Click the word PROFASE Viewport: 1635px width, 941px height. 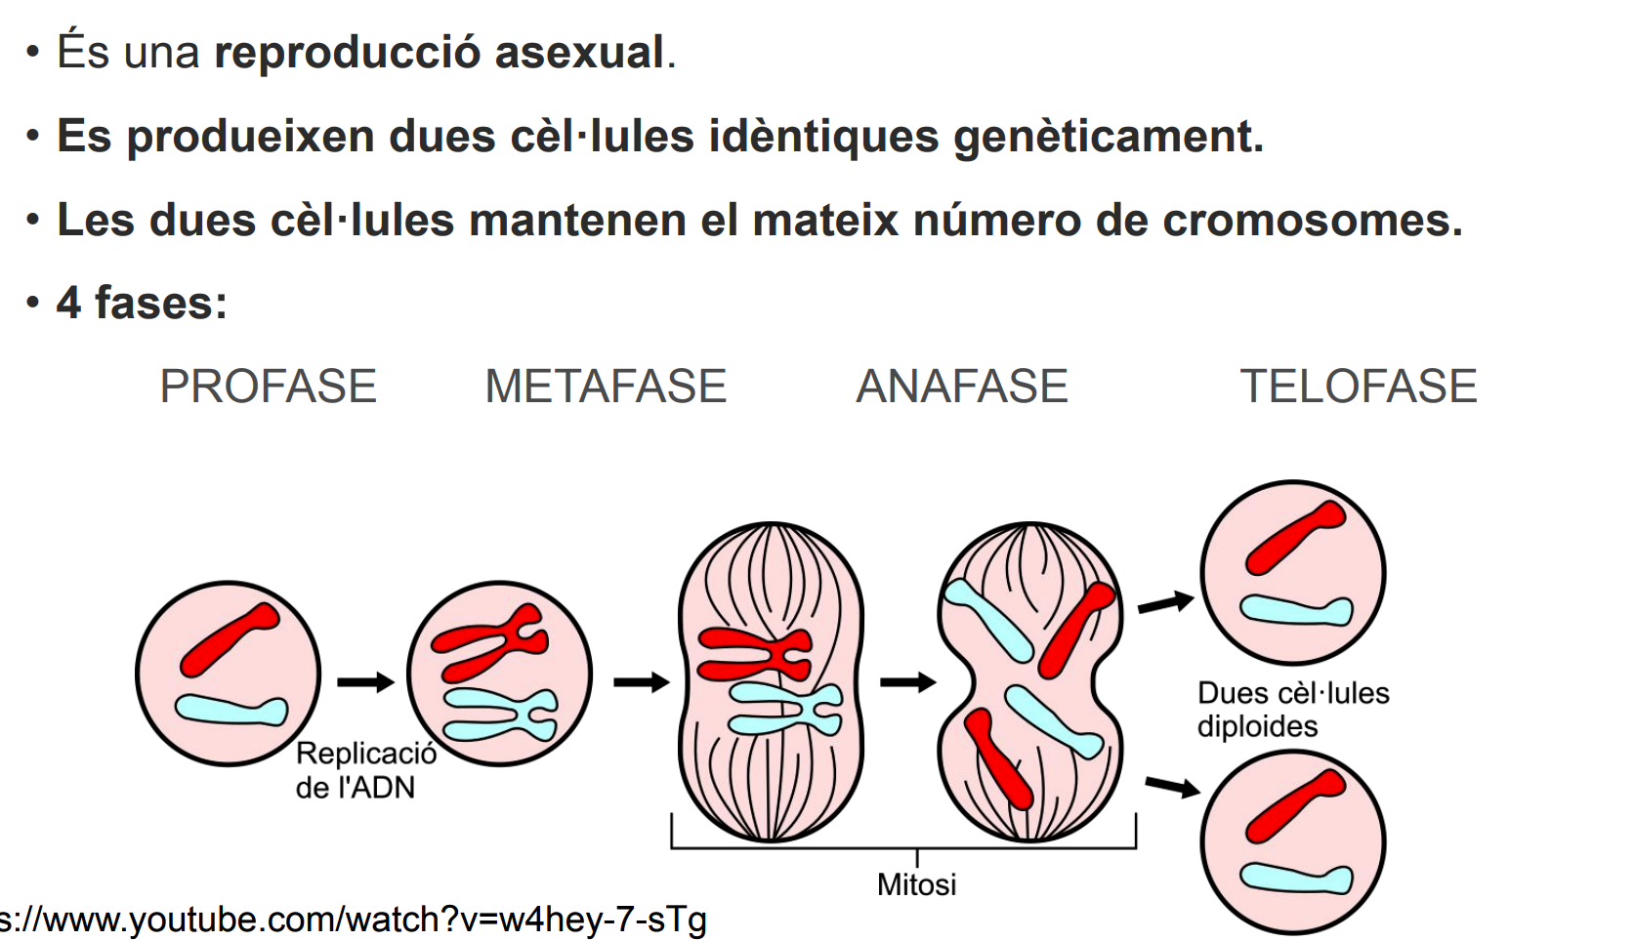coord(268,387)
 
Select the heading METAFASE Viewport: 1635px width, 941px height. coord(606,387)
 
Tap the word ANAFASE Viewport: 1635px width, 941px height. coord(961,387)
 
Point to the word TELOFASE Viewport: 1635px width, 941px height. coord(1358,387)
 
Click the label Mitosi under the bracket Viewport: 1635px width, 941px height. coord(916,884)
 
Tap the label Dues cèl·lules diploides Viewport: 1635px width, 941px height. coord(1291,710)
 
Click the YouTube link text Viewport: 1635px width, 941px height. coord(352,920)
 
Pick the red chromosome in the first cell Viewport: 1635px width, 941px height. coord(231,639)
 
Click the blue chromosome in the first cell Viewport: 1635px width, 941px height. coord(231,710)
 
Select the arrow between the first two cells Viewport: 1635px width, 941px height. coord(365,681)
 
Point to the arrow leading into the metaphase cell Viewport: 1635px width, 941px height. coord(642,681)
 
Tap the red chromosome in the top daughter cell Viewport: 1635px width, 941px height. coord(1295,538)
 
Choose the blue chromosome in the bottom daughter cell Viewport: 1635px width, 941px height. coord(1296,879)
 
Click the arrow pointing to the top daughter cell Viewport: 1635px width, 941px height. coord(1166,603)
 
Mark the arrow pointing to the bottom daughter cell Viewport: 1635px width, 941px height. coord(1172,786)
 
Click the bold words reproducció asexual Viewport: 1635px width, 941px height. coord(439,52)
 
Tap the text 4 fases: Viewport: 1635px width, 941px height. coord(142,303)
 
